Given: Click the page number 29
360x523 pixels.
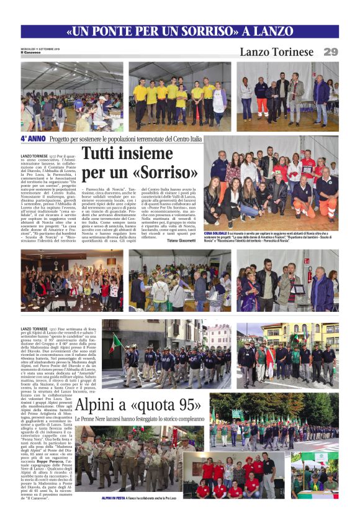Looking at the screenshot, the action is coord(331,52).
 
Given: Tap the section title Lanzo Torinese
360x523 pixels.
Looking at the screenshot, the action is coord(276,52).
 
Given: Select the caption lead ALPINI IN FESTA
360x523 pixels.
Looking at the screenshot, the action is coord(115,498).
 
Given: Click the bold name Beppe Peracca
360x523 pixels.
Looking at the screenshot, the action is coord(50,464).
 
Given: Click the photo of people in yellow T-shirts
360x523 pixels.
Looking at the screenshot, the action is coord(179,96).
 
